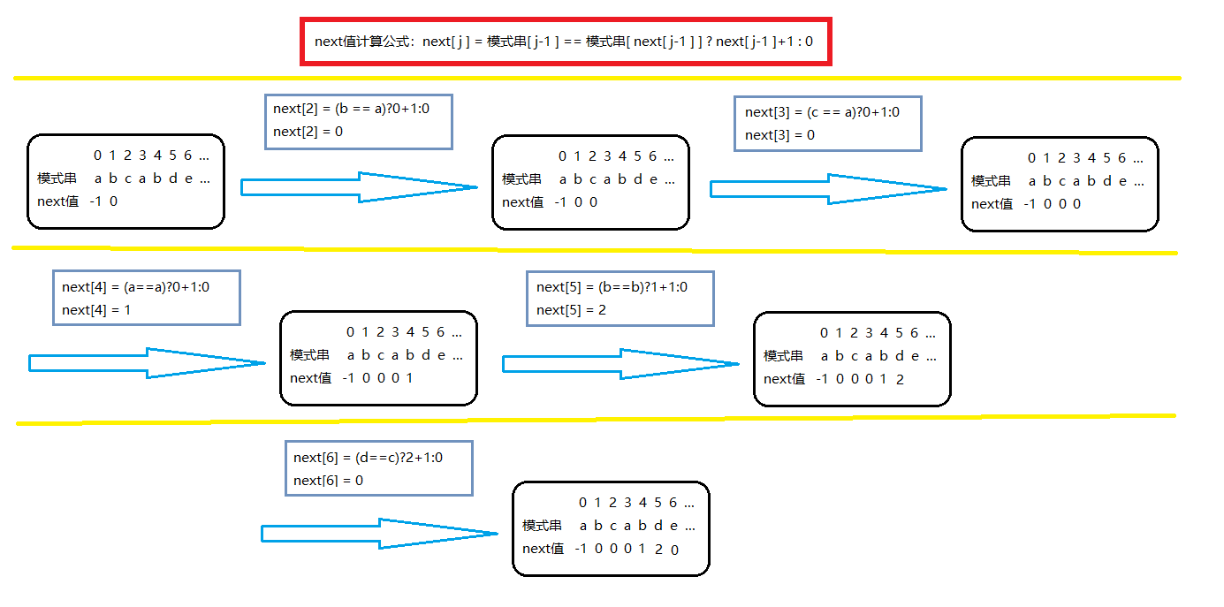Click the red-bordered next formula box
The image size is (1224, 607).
click(x=565, y=41)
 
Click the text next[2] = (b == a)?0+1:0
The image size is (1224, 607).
click(x=351, y=109)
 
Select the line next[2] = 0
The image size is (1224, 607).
click(x=308, y=132)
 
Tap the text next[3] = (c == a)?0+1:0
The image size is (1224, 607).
click(x=822, y=112)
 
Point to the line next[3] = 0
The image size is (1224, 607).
click(x=779, y=135)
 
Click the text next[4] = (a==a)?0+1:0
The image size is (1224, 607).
click(x=135, y=287)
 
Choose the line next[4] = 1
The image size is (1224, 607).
click(x=97, y=310)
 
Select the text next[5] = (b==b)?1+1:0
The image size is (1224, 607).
click(x=612, y=287)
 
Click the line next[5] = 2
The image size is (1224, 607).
click(x=572, y=310)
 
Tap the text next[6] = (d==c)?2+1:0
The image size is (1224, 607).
click(x=368, y=458)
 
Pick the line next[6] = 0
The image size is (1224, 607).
click(x=329, y=481)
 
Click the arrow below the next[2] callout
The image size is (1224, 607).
click(x=358, y=187)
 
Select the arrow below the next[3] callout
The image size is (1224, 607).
click(x=827, y=189)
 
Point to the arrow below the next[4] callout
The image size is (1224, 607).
click(x=147, y=362)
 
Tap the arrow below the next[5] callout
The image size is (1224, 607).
click(x=620, y=363)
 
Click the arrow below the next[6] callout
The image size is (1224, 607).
click(x=379, y=534)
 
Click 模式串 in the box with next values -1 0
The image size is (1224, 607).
click(x=57, y=178)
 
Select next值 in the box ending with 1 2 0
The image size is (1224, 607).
click(x=543, y=549)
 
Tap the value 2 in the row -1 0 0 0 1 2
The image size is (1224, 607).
click(x=900, y=379)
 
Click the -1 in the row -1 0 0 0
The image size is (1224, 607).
click(x=1029, y=204)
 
